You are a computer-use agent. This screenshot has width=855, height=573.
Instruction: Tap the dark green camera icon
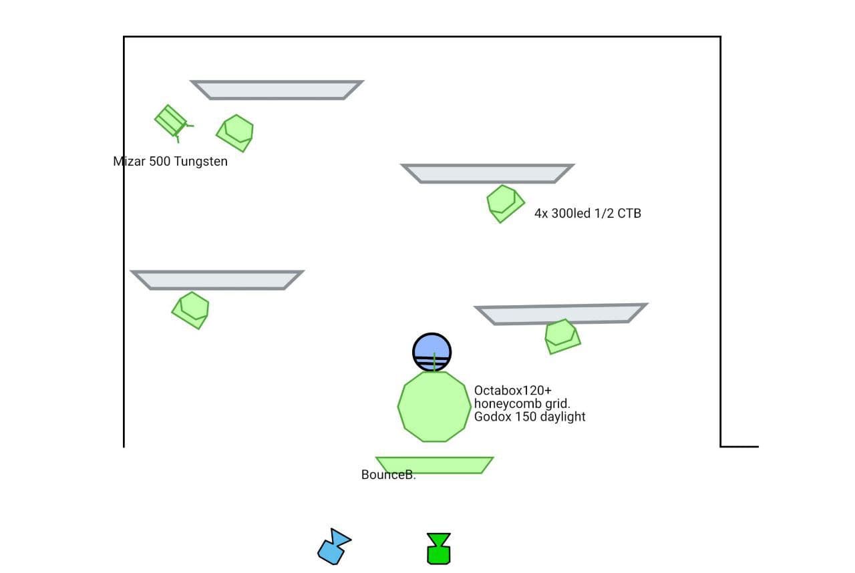439,549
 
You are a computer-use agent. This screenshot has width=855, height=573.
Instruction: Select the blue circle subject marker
432,351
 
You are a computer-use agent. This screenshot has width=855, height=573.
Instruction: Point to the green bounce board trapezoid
435,465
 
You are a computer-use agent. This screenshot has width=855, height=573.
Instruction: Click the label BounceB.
388,475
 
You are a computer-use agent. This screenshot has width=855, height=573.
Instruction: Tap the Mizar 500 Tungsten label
170,162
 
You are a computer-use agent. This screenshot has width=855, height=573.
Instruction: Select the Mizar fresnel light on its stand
172,121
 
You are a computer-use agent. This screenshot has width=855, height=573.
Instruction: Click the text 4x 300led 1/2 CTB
588,214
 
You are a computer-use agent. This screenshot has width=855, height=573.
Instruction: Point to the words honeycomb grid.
522,403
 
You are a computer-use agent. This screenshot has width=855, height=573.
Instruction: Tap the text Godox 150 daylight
530,417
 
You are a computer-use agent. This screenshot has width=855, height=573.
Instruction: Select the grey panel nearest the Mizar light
277,89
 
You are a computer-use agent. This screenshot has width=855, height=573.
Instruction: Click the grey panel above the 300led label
488,173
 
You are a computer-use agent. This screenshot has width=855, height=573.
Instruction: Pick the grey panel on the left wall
217,280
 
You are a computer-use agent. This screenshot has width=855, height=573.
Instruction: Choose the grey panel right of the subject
561,314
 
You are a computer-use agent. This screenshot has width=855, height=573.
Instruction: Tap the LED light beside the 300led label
504,203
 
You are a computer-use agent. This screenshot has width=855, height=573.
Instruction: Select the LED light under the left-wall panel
192,310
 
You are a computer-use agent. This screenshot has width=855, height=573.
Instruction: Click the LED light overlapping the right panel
562,336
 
